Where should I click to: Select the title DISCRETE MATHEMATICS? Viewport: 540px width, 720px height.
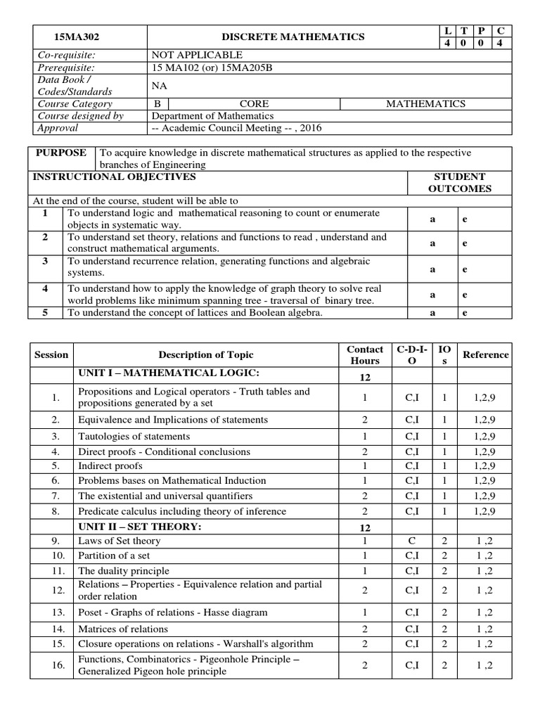coord(293,37)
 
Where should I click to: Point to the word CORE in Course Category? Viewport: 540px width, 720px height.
coord(254,103)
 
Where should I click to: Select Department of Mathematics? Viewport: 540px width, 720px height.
coord(213,116)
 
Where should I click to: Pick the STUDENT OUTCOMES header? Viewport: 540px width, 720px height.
coord(460,182)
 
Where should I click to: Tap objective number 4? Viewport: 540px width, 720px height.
coord(45,288)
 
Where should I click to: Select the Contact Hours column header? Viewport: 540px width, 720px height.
coord(365,354)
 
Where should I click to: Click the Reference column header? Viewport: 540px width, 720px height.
coord(485,354)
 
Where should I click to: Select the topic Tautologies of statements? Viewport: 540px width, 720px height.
coord(134,437)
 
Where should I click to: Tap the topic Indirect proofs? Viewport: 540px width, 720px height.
coord(110,465)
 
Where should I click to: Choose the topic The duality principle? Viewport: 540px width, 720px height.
coord(124,571)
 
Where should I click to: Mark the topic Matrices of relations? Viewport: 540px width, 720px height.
coord(123,629)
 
